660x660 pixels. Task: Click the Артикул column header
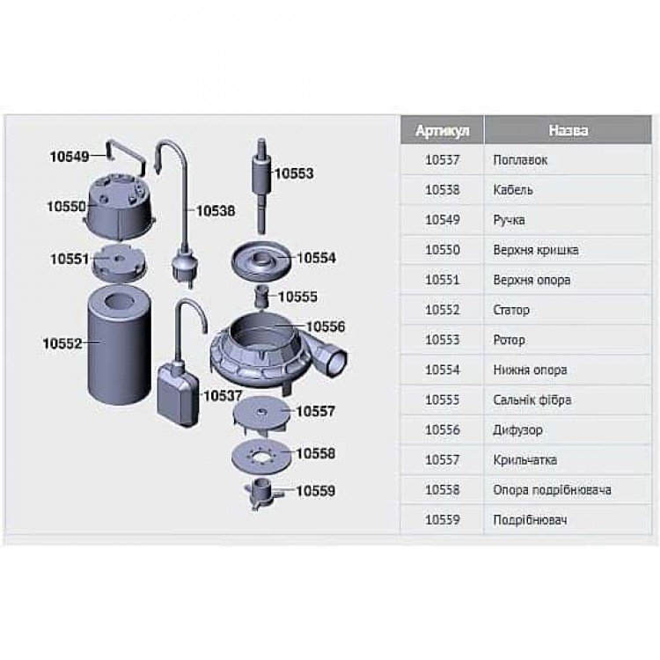tap(442, 130)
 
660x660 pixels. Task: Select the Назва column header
tap(568, 130)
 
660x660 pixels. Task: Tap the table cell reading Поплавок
tap(520, 160)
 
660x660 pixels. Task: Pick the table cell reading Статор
tap(511, 310)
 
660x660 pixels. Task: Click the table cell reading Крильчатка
tap(524, 459)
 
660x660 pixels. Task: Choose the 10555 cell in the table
tap(442, 400)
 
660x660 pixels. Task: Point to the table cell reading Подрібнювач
tap(530, 520)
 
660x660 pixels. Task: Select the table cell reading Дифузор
tap(517, 429)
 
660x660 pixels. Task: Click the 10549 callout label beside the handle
tap(70, 157)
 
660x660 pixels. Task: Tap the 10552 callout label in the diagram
tap(62, 343)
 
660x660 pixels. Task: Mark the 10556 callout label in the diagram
tap(326, 326)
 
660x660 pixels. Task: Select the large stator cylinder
tap(119, 345)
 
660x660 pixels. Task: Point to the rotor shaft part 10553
tap(261, 185)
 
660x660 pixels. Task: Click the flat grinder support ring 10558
tap(261, 457)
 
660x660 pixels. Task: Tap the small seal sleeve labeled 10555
tap(262, 297)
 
